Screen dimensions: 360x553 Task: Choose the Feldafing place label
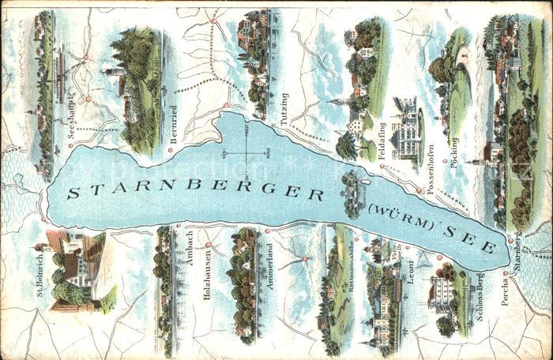click(382, 138)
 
